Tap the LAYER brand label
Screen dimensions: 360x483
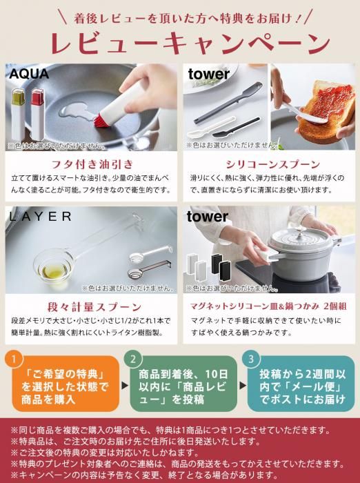(x=40, y=217)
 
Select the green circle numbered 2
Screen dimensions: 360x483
(x=133, y=359)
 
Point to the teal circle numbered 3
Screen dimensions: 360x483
(x=251, y=359)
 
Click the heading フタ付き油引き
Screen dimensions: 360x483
(x=92, y=164)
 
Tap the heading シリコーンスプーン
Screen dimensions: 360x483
(x=272, y=164)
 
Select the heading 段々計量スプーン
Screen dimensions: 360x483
(x=94, y=307)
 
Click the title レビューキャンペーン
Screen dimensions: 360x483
(x=190, y=43)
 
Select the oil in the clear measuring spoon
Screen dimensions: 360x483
(x=54, y=271)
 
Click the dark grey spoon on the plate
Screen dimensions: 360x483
(x=228, y=103)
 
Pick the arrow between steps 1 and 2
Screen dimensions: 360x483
(x=125, y=385)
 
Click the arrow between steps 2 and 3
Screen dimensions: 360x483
(x=243, y=385)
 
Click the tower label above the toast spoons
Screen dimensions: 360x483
(x=209, y=75)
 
